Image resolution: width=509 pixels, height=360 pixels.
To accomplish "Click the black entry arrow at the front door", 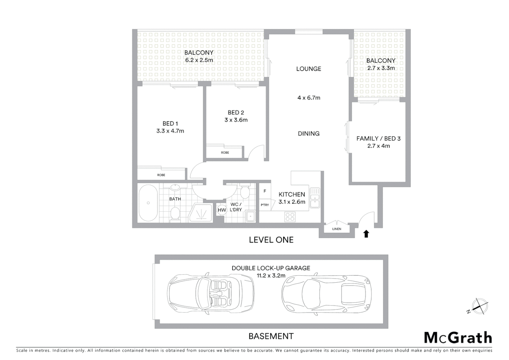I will [366, 234].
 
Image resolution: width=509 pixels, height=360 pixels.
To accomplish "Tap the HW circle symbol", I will [222, 210].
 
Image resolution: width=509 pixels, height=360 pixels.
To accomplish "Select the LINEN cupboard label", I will [337, 229].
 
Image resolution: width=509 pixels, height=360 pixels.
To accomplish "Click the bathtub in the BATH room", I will [148, 203].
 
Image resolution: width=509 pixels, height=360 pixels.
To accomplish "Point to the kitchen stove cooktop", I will [290, 217].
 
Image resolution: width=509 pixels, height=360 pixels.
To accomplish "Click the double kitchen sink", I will [315, 197].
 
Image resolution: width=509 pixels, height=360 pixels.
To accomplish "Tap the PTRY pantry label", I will [265, 205].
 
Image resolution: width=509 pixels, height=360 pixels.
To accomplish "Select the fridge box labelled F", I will [265, 191].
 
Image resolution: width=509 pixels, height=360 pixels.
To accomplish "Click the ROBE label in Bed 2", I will [225, 153].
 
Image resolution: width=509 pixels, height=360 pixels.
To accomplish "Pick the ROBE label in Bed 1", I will [161, 175].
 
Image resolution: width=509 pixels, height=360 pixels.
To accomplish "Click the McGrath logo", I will [458, 338].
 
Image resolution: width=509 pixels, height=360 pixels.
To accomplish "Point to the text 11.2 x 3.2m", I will [271, 276].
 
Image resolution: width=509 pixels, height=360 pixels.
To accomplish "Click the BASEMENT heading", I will [271, 336].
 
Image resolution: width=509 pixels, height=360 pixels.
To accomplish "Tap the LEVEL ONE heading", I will [271, 240].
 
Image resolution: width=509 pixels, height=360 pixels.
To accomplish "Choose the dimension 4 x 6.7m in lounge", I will [309, 98].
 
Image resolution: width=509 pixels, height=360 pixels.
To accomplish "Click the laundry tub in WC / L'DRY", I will [250, 217].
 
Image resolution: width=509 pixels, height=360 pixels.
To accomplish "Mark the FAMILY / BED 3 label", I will [378, 138].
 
